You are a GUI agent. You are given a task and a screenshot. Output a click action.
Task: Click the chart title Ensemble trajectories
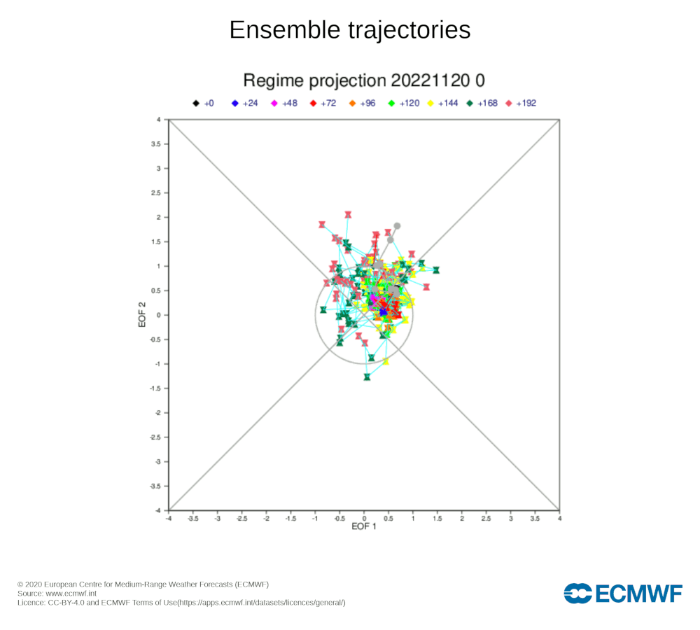350,30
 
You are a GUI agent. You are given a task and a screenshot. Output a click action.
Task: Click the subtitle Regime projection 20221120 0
364,80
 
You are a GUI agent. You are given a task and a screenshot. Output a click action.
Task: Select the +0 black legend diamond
196,104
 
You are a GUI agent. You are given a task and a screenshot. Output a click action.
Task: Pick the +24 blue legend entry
244,104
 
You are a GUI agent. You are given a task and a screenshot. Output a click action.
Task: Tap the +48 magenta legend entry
284,104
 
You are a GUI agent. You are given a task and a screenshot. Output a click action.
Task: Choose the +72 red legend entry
323,104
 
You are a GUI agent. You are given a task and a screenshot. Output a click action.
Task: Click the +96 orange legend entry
362,104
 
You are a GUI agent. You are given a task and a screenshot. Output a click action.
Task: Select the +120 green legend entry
404,104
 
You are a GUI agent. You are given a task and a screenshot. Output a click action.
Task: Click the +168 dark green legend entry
482,104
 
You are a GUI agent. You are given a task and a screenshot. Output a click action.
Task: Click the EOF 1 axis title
364,527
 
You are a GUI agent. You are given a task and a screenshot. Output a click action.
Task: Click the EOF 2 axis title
142,315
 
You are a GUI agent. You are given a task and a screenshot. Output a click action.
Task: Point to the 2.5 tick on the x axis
486,519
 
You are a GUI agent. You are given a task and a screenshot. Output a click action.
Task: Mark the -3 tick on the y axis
158,462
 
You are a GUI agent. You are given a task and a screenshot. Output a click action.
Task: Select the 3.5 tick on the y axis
157,144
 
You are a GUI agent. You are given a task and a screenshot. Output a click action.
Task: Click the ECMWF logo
623,594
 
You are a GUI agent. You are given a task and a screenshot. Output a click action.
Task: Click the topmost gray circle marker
397,226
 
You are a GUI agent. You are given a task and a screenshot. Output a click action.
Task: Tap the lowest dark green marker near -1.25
367,377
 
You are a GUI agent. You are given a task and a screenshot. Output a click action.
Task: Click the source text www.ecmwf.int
71,594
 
